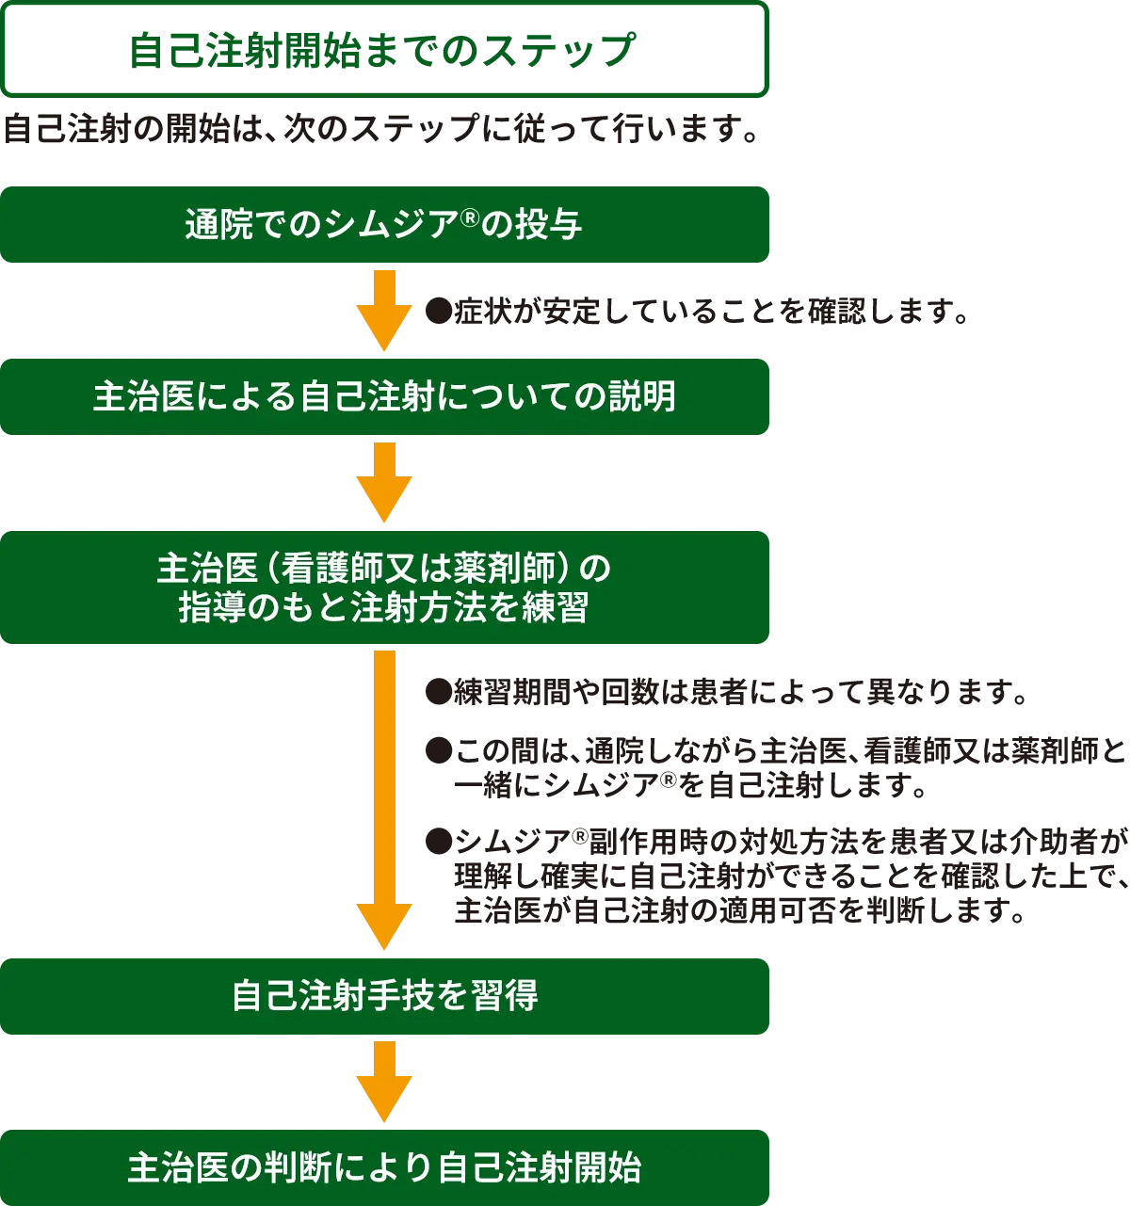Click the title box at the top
point(384,49)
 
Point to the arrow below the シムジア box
point(383,308)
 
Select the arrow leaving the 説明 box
point(383,482)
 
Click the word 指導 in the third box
point(214,608)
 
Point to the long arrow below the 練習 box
point(383,800)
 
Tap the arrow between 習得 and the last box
point(383,1083)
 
